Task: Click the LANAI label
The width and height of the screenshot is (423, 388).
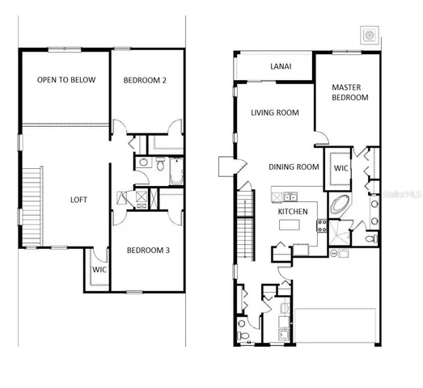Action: pyautogui.click(x=281, y=67)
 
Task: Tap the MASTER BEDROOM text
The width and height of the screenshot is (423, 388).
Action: pyautogui.click(x=349, y=91)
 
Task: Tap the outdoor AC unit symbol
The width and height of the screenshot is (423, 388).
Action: pyautogui.click(x=371, y=36)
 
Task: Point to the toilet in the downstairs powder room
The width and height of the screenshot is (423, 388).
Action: pyautogui.click(x=243, y=335)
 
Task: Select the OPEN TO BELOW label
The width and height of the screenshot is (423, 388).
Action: pyautogui.click(x=66, y=80)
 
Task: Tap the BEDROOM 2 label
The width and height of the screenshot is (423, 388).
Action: pyautogui.click(x=146, y=80)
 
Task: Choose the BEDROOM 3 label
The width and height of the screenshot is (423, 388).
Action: pyautogui.click(x=149, y=251)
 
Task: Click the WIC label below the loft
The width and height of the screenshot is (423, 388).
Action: pyautogui.click(x=98, y=269)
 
